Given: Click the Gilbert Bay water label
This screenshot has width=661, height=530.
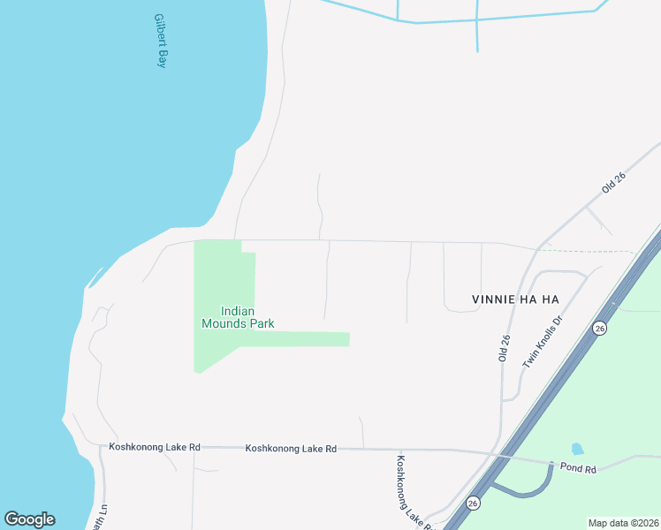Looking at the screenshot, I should point(160,41).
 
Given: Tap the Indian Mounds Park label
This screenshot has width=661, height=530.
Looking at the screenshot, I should point(238,317).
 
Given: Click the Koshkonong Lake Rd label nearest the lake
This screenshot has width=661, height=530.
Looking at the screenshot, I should point(155,448).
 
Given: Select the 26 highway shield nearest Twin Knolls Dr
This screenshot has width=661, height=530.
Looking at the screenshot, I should point(600,328).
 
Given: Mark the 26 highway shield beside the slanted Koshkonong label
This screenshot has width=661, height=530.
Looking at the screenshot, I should point(474,501).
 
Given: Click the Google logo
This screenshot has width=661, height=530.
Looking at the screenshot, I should point(29,519).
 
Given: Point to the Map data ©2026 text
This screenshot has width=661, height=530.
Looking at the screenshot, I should point(622,523).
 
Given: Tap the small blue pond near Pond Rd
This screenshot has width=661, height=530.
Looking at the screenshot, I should point(578,449).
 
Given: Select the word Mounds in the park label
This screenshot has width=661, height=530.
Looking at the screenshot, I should point(224,323).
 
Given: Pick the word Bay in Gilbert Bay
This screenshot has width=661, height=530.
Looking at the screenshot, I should point(161,59).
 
